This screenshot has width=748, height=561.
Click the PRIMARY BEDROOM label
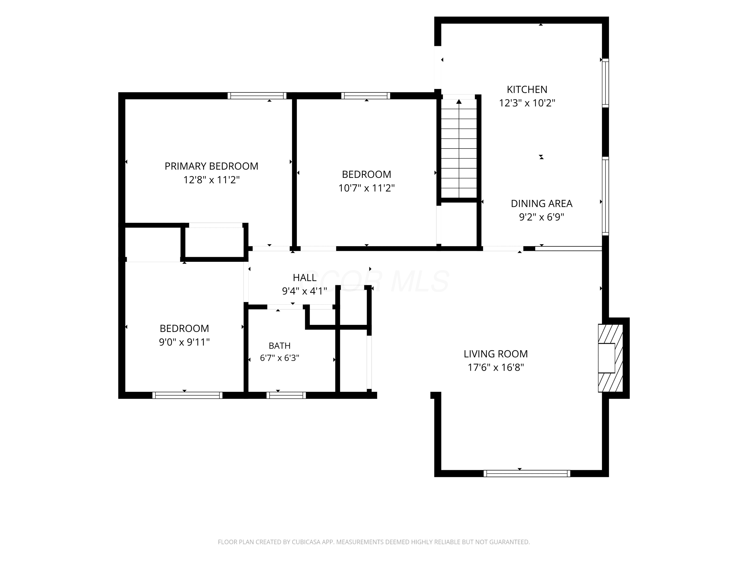tap(211, 166)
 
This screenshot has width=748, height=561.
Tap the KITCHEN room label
tap(527, 89)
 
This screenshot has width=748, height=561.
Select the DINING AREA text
tap(541, 203)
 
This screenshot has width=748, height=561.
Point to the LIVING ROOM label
tap(495, 354)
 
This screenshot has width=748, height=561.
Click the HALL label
tap(304, 278)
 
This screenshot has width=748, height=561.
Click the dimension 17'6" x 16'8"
tap(495, 367)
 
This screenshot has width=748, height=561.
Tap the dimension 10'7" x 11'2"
tap(367, 188)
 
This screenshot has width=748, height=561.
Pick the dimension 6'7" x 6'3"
tap(279, 358)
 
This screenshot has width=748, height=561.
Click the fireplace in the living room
tap(610, 358)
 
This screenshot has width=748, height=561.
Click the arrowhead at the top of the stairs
tap(459, 101)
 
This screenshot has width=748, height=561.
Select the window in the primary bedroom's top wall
tap(257, 96)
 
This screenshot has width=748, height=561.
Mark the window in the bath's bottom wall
tap(286, 395)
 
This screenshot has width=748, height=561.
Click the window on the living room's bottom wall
tap(527, 473)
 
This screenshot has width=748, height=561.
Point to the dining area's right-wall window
tap(605, 196)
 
